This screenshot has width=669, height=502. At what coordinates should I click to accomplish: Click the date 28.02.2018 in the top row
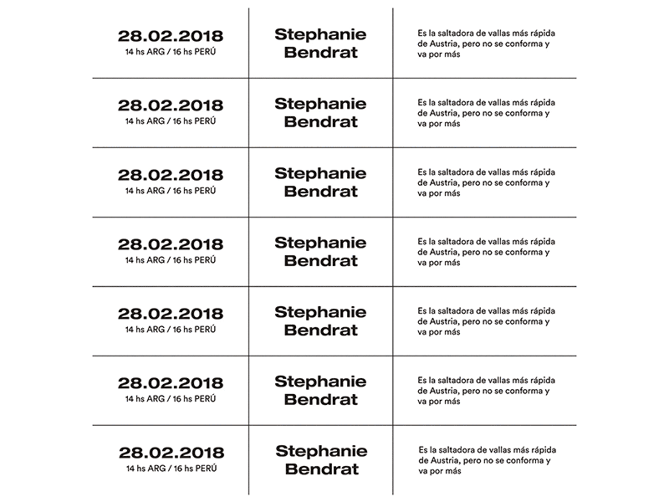point(171,36)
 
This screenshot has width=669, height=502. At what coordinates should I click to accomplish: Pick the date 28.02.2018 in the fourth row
point(171,244)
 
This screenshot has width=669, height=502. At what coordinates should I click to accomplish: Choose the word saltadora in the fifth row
point(457,310)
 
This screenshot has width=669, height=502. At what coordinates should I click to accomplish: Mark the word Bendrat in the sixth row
point(320,399)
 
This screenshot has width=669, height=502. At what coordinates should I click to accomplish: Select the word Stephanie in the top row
point(320,34)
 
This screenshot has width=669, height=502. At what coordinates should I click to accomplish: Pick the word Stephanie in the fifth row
point(320,312)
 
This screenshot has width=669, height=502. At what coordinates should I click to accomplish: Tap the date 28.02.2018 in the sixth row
point(171,383)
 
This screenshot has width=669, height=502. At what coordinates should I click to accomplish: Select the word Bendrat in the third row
point(320,191)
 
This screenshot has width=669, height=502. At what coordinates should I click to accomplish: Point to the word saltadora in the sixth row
point(457,379)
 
